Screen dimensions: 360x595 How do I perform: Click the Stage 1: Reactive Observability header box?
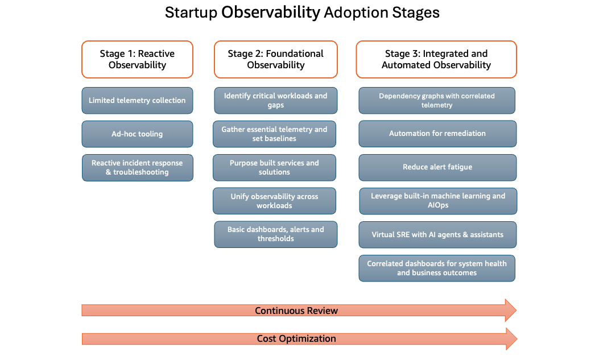pyautogui.click(x=137, y=59)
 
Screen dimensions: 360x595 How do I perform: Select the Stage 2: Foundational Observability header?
pyautogui.click(x=275, y=59)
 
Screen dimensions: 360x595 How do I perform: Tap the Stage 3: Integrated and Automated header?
pyautogui.click(x=436, y=59)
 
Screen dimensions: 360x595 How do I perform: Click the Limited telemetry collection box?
pyautogui.click(x=137, y=101)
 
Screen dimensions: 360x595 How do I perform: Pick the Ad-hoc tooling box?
pyautogui.click(x=137, y=134)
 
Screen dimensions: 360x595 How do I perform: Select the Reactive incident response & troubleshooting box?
pyautogui.click(x=137, y=168)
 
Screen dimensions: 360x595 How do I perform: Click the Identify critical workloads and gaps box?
pyautogui.click(x=275, y=101)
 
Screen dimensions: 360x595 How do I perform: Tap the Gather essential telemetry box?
pyautogui.click(x=274, y=134)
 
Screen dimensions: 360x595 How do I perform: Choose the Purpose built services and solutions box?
pyautogui.click(x=274, y=168)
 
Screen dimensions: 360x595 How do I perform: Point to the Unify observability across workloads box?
pyautogui.click(x=274, y=201)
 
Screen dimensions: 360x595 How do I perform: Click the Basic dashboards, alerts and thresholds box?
pyautogui.click(x=275, y=234)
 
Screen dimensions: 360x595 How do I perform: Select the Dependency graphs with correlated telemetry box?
pyautogui.click(x=437, y=101)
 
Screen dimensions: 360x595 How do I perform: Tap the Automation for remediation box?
pyautogui.click(x=437, y=134)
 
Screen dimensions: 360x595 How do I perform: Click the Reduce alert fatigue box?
pyautogui.click(x=437, y=167)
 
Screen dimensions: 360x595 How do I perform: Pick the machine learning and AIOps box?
pyautogui.click(x=437, y=201)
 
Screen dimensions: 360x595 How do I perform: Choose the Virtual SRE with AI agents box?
pyautogui.click(x=437, y=234)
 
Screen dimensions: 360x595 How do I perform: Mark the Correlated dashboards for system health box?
pyautogui.click(x=437, y=268)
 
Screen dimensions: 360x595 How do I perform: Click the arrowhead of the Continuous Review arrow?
pyautogui.click(x=510, y=311)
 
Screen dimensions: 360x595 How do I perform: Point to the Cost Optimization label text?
pyautogui.click(x=296, y=339)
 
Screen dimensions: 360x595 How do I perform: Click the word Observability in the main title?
pyautogui.click(x=270, y=13)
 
